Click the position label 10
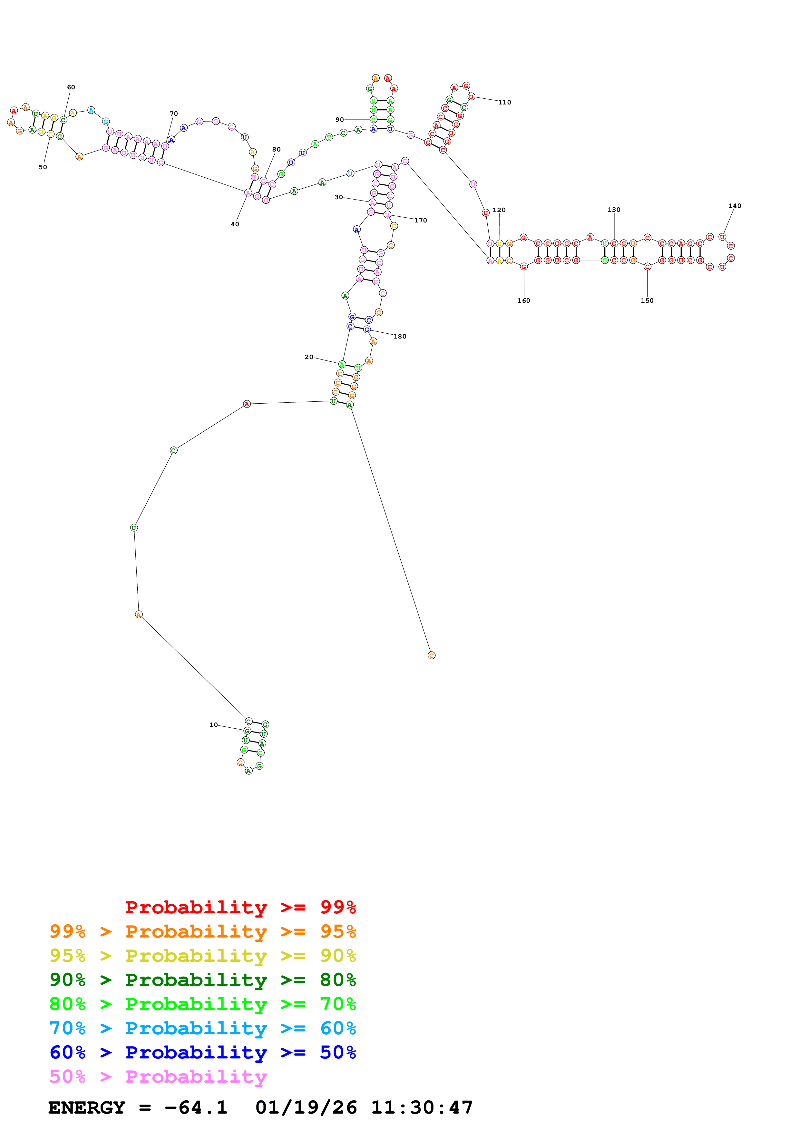(x=213, y=725)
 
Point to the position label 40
(x=235, y=224)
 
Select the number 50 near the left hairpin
(x=43, y=167)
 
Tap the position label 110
(x=505, y=103)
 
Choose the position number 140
(x=735, y=206)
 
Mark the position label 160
(x=524, y=300)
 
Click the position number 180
(x=400, y=337)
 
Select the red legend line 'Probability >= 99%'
(x=240, y=907)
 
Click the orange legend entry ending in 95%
(x=203, y=931)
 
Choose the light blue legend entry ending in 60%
(x=203, y=1028)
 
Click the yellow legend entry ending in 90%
(x=203, y=955)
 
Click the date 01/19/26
(x=306, y=1107)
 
